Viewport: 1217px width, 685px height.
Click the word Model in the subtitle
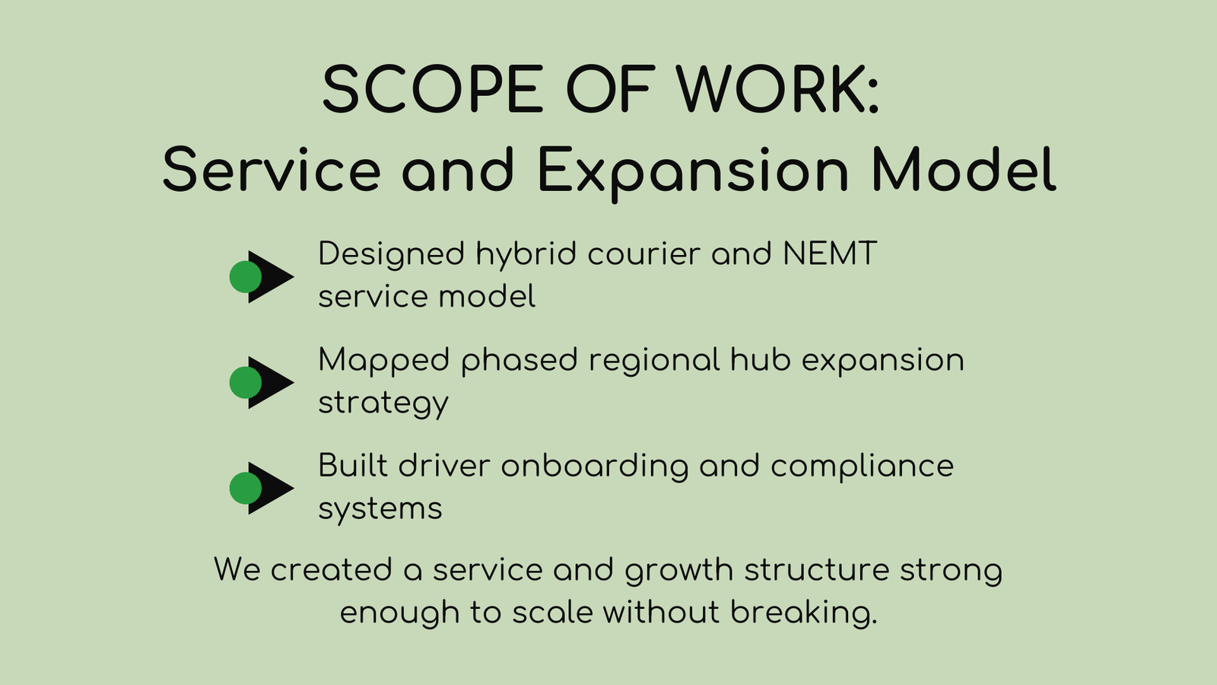point(964,170)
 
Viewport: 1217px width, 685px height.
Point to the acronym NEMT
point(830,254)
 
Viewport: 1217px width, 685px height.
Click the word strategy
point(383,403)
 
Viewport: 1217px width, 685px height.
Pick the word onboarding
point(594,467)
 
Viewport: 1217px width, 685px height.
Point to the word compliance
point(862,467)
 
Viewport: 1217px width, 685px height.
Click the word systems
point(380,509)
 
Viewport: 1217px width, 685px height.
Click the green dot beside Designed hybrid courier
point(245,277)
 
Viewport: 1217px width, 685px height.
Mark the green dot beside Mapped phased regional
point(245,383)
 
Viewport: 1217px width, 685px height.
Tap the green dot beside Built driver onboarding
point(245,489)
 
